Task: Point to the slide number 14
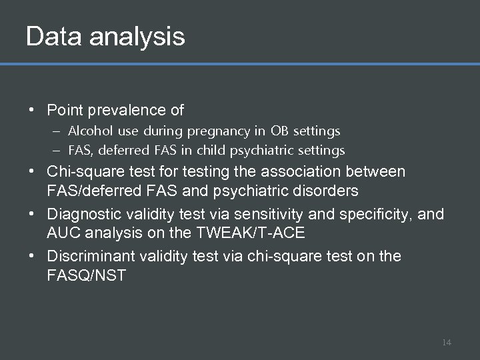click(446, 343)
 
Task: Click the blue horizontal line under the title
click(240, 65)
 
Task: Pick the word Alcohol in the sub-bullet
click(86, 131)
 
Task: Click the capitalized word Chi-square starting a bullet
click(84, 172)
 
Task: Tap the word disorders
click(327, 191)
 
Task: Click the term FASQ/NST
click(86, 276)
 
